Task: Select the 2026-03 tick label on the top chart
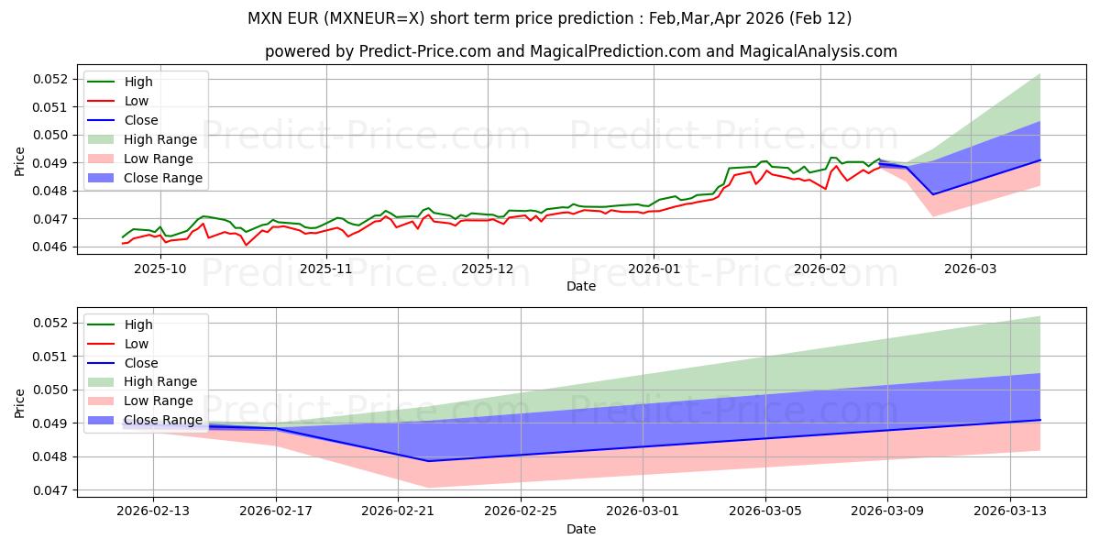pos(971,269)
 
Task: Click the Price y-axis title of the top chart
pos(20,161)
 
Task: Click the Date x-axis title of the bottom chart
pos(581,529)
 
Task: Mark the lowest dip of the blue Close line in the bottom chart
pos(428,461)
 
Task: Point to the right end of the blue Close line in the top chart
pos(1040,159)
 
